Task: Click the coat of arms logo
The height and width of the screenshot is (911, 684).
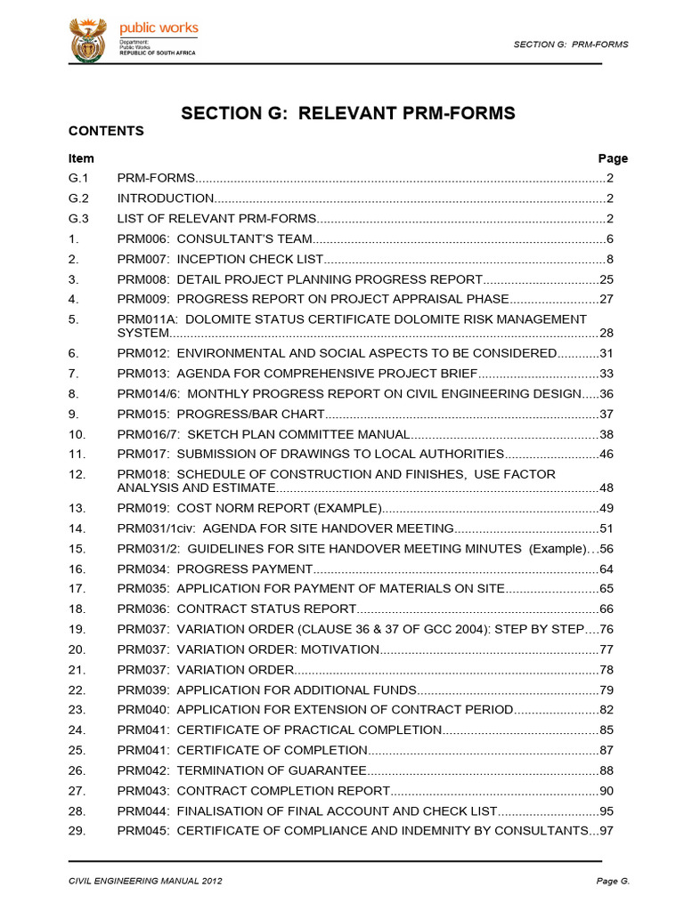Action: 88,40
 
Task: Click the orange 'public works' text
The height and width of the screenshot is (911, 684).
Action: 159,28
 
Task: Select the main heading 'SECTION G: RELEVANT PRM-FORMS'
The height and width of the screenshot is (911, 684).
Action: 348,113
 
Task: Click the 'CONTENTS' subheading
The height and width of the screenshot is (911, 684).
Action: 106,131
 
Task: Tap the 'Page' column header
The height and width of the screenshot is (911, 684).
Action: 613,158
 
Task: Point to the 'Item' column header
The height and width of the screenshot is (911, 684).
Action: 81,158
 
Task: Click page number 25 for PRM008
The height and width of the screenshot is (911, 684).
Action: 607,279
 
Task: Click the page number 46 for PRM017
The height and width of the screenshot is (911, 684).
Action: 607,455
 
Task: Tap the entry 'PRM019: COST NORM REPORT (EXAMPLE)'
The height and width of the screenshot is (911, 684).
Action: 249,508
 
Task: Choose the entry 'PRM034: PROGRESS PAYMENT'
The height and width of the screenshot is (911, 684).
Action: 215,568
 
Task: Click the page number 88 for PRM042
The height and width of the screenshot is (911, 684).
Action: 607,770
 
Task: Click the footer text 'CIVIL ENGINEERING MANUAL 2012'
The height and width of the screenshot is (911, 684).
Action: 145,881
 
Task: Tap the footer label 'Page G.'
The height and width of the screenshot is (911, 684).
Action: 613,881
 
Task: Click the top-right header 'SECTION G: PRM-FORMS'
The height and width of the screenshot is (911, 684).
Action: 571,44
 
